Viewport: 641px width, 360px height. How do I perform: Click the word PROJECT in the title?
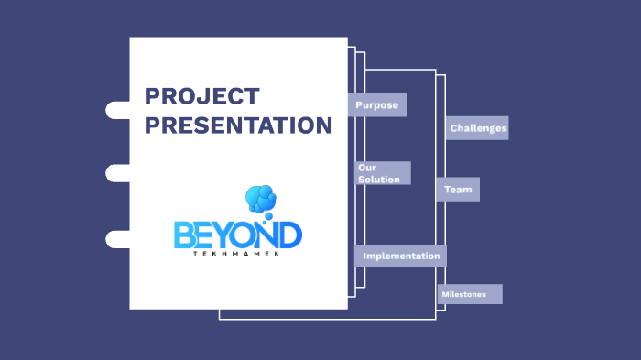pos(202,96)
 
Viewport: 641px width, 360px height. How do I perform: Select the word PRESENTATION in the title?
pos(238,125)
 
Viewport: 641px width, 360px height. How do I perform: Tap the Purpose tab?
pos(377,104)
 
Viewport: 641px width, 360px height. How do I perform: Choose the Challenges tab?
pos(478,128)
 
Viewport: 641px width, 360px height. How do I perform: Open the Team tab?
pos(458,190)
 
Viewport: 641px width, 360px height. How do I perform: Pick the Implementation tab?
pos(401,256)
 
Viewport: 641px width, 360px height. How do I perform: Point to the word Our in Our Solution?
pos(366,168)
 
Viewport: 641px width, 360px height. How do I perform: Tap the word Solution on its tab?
pos(378,180)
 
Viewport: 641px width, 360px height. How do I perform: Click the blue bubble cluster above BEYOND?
pos(261,199)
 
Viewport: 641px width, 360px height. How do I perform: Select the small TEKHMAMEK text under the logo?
pos(237,254)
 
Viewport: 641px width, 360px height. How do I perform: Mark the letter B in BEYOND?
pos(185,235)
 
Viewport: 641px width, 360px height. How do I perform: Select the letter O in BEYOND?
pos(246,233)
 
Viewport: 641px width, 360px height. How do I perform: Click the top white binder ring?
pos(118,111)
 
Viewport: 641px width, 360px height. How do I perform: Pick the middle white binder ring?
pos(118,173)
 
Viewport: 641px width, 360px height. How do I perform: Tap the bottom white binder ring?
pos(118,239)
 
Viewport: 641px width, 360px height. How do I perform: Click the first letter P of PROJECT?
pos(153,96)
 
